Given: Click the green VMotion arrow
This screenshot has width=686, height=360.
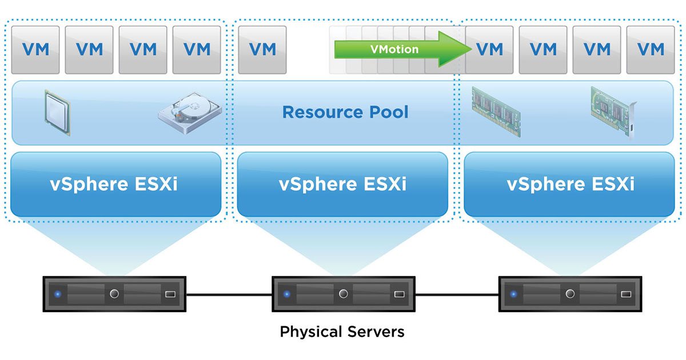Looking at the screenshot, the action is tap(403, 49).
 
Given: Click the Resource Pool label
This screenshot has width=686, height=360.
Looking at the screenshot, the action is tap(345, 112).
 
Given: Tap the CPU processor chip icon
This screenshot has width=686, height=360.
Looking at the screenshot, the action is tap(58, 113).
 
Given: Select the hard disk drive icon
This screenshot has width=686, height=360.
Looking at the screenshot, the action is tap(190, 113).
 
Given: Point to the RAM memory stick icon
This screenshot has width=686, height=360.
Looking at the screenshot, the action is tap(496, 111).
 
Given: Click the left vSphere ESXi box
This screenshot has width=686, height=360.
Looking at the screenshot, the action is tap(115, 184).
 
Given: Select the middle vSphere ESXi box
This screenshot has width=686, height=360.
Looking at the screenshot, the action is tap(342, 184).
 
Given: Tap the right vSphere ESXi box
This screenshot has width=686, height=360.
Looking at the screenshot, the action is tap(569, 184).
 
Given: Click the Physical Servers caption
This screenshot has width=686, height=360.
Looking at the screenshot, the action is tap(342, 331).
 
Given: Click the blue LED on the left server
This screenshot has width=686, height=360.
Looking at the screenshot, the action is tap(58, 294).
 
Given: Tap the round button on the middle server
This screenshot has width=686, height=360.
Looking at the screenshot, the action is tap(344, 294).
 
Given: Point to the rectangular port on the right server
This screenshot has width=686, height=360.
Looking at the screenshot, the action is tap(626, 294).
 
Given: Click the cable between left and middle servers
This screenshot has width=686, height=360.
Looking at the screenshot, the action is tap(229, 295).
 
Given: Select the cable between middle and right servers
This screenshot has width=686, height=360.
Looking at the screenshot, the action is tap(457, 295).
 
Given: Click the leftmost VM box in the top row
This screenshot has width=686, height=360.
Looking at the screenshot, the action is tap(35, 50).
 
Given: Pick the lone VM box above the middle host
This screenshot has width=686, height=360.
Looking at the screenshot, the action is tap(262, 50).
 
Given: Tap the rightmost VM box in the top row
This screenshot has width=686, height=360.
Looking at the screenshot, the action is tap(651, 50).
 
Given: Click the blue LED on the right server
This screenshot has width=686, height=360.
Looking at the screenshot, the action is tap(513, 294).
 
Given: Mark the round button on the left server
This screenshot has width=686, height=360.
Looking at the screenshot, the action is tap(114, 294).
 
